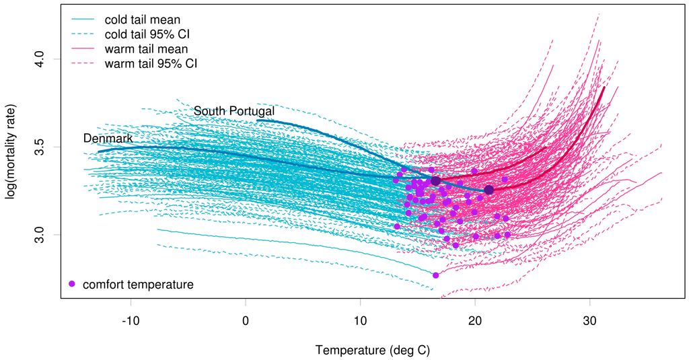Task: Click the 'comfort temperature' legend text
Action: [x=138, y=285]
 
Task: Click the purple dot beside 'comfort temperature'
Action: [x=72, y=284]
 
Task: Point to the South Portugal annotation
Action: [x=234, y=111]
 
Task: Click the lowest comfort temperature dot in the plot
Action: [x=435, y=275]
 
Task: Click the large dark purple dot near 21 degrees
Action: [x=489, y=190]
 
